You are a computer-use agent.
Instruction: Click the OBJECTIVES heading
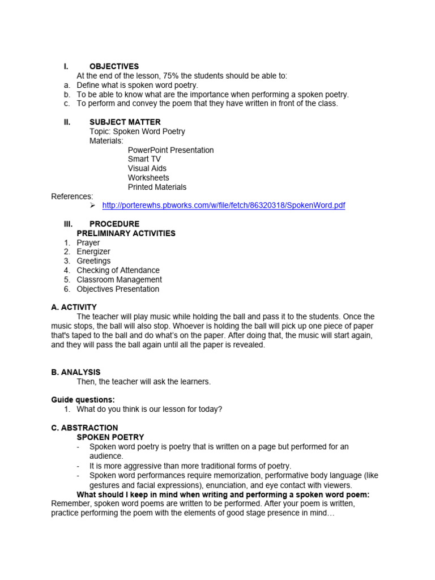click(114, 66)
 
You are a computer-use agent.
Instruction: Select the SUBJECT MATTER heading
click(125, 122)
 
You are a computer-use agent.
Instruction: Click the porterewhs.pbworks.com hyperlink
click(223, 206)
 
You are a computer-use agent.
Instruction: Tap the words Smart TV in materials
click(144, 159)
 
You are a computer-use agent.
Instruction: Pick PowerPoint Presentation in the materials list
click(170, 150)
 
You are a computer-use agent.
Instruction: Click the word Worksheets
click(148, 178)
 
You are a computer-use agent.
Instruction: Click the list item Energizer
click(93, 251)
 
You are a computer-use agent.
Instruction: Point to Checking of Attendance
click(118, 270)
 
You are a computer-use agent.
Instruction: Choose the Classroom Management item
click(119, 280)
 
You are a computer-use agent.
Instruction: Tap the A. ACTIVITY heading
click(74, 307)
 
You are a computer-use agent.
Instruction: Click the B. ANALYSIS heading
click(75, 372)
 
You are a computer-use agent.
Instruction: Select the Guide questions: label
click(83, 400)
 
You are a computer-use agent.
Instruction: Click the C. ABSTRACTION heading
click(84, 428)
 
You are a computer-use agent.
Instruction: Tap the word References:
click(72, 197)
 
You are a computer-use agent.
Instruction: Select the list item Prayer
click(88, 242)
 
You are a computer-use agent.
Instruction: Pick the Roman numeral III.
click(67, 224)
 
